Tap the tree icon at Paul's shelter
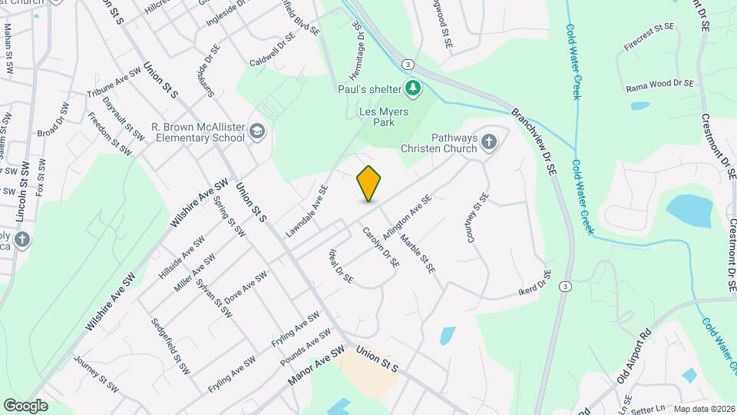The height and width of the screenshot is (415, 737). click(x=413, y=88)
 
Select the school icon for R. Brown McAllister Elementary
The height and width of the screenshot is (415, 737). click(x=256, y=132)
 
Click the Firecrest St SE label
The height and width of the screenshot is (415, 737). click(x=648, y=36)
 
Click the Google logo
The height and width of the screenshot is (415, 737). click(x=25, y=405)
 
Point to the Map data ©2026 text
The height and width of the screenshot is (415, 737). click(x=704, y=409)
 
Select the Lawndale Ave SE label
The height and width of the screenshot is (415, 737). click(x=308, y=208)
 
